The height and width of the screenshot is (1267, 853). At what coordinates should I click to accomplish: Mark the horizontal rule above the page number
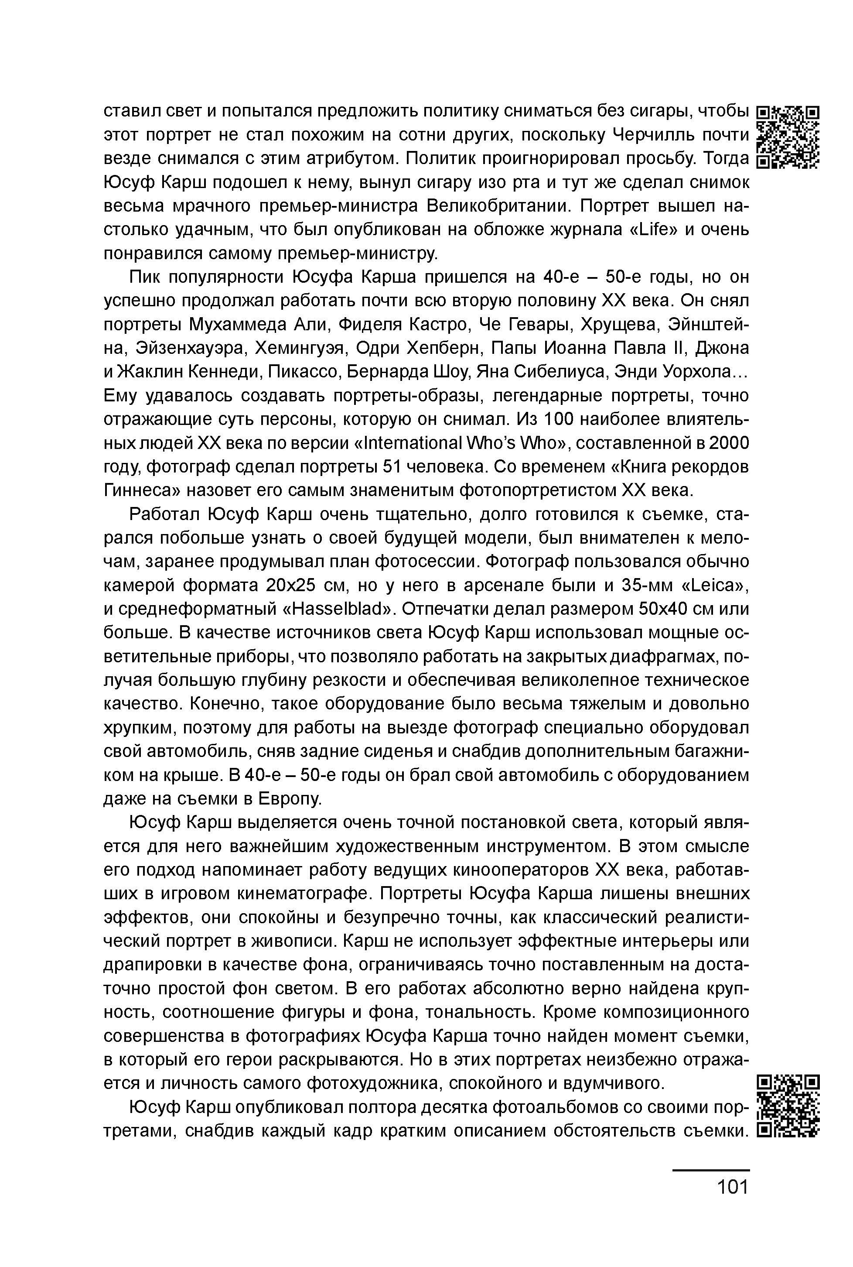pos(710,1170)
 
